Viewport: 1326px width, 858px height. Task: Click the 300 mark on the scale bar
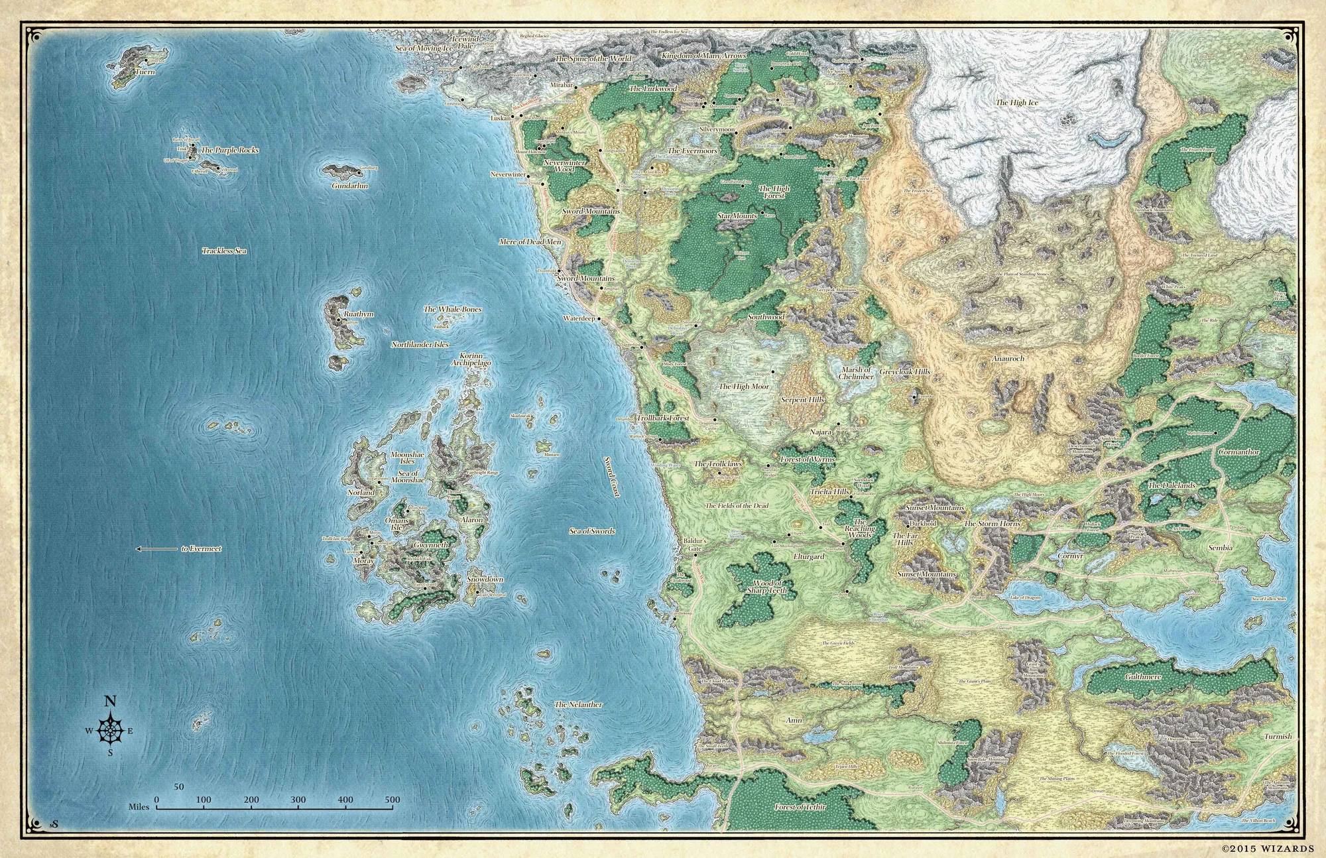(x=298, y=800)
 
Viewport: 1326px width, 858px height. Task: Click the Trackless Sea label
(x=224, y=251)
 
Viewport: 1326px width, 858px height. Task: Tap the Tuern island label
(x=145, y=72)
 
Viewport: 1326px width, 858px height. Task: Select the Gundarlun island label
(x=349, y=186)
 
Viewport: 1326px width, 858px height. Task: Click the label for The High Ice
(x=1016, y=103)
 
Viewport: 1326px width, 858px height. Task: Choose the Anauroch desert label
(x=1008, y=358)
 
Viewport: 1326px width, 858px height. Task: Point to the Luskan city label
(x=501, y=118)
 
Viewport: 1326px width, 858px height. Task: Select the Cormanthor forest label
(x=1238, y=452)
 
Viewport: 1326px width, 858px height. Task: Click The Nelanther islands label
(x=578, y=704)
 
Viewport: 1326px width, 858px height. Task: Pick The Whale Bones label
(x=452, y=310)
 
